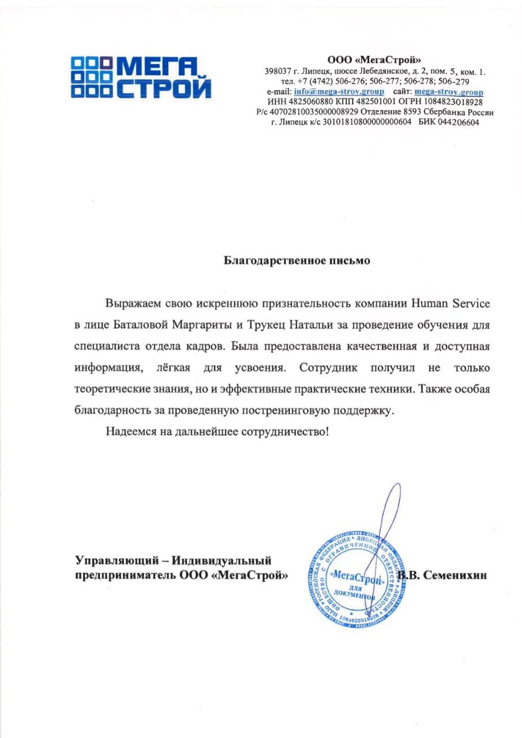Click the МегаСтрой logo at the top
click(x=141, y=76)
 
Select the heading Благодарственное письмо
click(x=297, y=260)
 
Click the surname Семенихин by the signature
click(x=456, y=575)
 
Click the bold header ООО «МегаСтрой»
click(x=375, y=59)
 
